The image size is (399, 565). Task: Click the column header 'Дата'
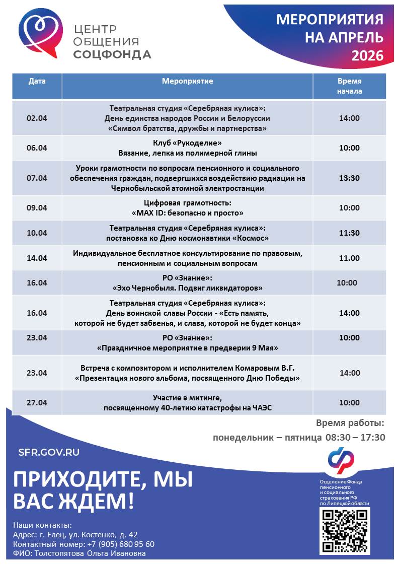click(x=37, y=82)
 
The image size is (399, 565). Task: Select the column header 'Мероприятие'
click(x=187, y=82)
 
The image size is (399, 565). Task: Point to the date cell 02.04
click(x=37, y=118)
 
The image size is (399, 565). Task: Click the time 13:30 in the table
click(x=349, y=178)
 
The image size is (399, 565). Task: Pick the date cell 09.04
click(x=37, y=208)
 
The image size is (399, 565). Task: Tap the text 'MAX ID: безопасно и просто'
click(x=187, y=213)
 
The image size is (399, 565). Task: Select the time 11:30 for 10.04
click(x=349, y=233)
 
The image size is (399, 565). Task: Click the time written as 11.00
click(x=349, y=258)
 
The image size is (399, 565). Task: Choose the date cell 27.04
click(x=37, y=403)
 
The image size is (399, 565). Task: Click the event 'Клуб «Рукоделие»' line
click(x=187, y=143)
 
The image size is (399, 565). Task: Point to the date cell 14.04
click(x=37, y=258)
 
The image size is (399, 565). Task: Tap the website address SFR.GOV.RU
click(x=49, y=452)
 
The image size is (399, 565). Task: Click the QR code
click(x=345, y=530)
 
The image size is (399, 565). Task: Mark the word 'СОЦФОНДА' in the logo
click(x=112, y=54)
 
